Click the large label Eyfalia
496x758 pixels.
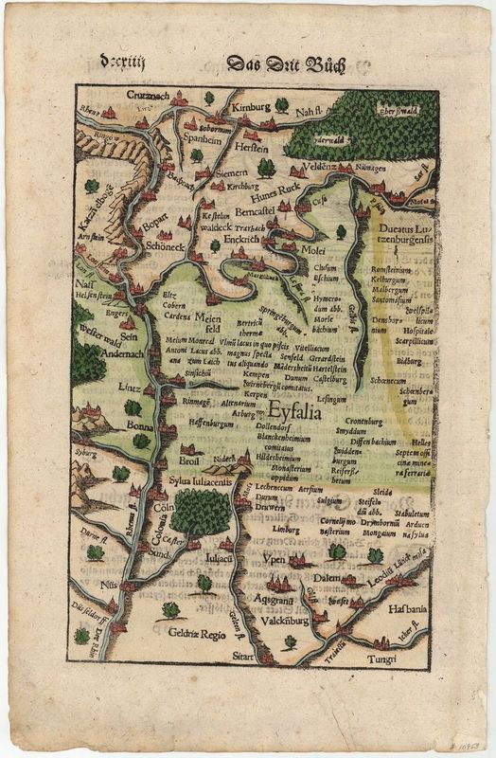[x=295, y=414]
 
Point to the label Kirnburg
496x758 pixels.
[x=252, y=105]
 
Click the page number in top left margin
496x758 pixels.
[x=119, y=63]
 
